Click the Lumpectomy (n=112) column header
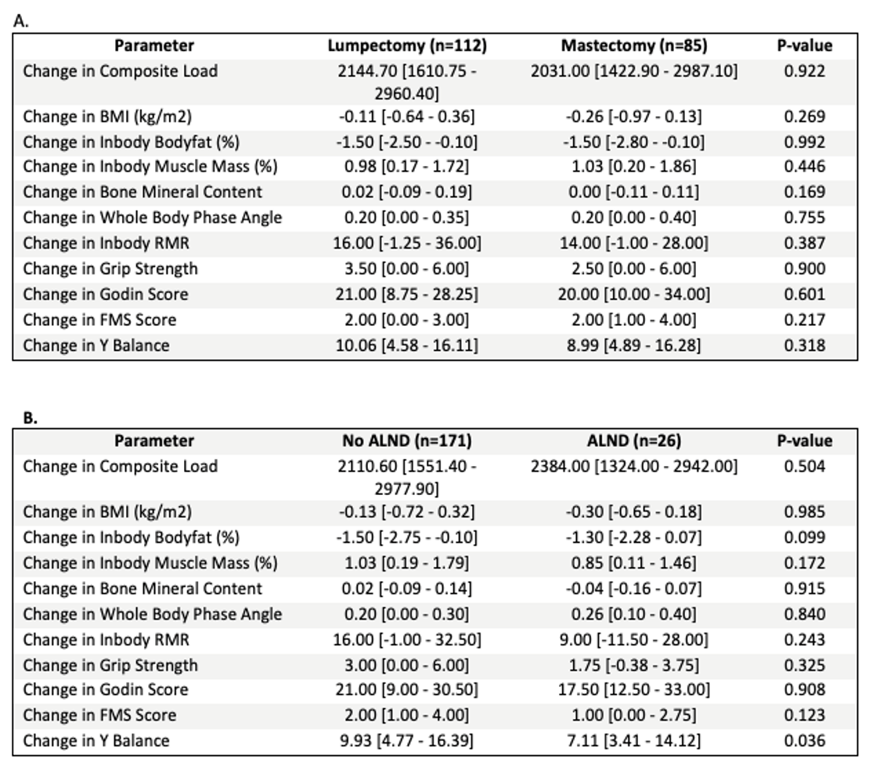[x=407, y=45]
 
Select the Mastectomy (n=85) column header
[x=634, y=45]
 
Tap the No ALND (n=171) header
[x=407, y=441]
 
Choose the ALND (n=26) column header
[x=634, y=441]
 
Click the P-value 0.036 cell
[x=804, y=740]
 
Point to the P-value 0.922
[x=804, y=71]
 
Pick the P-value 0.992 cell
[x=804, y=142]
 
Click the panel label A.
[x=20, y=21]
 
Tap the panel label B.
[x=31, y=418]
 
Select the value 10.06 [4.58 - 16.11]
[x=407, y=345]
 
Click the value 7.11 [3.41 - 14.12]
[x=634, y=740]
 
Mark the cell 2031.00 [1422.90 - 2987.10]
[x=634, y=71]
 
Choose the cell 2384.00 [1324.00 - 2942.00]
[x=634, y=466]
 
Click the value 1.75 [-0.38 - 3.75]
[x=634, y=665]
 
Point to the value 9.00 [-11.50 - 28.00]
[x=634, y=640]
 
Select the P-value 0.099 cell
[x=804, y=537]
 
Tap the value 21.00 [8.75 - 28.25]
[x=407, y=294]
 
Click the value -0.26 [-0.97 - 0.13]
[x=634, y=117]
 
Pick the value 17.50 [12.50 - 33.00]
[x=634, y=689]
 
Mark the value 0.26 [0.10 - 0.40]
[x=634, y=614]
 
